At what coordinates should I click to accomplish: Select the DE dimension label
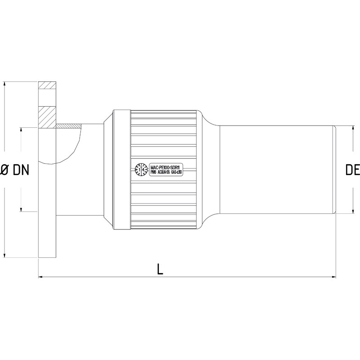pyautogui.click(x=352, y=170)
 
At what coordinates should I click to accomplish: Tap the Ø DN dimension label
pyautogui.click(x=14, y=170)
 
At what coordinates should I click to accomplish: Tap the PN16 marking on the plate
pyautogui.click(x=152, y=173)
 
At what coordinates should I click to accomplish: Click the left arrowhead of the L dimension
pyautogui.click(x=40, y=277)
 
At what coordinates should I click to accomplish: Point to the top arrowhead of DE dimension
pyautogui.click(x=352, y=128)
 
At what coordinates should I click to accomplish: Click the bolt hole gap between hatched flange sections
pyautogui.click(x=47, y=97)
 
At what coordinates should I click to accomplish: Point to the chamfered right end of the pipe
pyautogui.click(x=335, y=170)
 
